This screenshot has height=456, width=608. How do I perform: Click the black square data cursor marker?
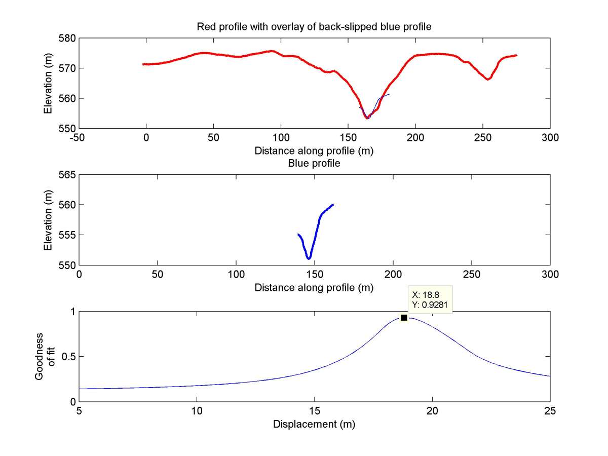click(x=404, y=318)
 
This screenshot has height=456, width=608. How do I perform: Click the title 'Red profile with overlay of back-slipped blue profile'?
click(x=314, y=27)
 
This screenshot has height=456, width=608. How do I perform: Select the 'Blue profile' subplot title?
click(x=314, y=164)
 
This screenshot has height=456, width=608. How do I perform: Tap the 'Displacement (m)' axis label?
click(x=314, y=424)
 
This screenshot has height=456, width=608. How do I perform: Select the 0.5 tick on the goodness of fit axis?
click(x=68, y=357)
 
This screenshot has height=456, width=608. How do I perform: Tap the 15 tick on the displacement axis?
click(x=314, y=411)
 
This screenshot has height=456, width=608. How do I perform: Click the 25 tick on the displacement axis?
click(x=550, y=411)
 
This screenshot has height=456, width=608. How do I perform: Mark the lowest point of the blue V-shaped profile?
click(x=309, y=258)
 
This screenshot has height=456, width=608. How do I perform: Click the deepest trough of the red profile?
click(x=367, y=118)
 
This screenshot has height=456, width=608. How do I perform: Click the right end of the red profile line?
click(x=516, y=55)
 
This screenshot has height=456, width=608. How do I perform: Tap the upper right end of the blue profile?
click(x=333, y=205)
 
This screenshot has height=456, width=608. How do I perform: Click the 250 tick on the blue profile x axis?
click(x=471, y=275)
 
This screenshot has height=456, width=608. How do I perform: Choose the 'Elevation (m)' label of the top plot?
click(x=48, y=83)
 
